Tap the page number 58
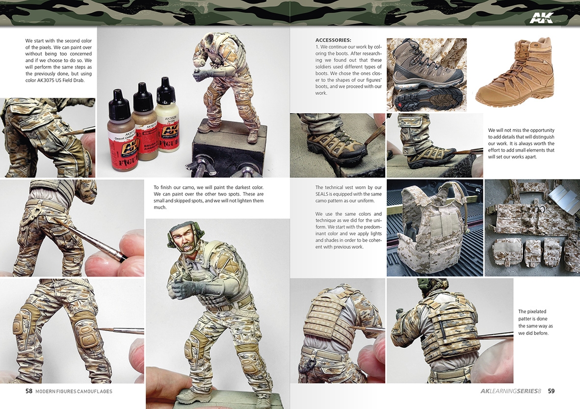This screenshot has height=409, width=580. (29, 391)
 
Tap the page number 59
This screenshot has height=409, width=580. (551, 391)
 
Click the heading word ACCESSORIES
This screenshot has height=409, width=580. (334, 40)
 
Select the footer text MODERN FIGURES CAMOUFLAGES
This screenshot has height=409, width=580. (74, 391)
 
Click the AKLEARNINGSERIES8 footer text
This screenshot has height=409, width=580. (510, 391)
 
